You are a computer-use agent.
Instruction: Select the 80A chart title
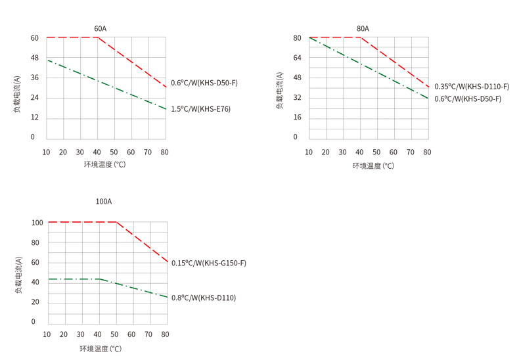point(363,29)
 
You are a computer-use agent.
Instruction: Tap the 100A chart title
point(104,202)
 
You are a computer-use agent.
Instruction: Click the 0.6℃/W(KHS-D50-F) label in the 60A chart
point(204,83)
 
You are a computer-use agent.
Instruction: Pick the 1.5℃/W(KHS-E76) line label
point(201,109)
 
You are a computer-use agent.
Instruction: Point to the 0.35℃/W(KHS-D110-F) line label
point(472,87)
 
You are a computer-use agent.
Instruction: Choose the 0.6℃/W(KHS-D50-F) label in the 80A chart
point(468,99)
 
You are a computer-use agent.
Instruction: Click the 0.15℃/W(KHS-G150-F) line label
point(209,263)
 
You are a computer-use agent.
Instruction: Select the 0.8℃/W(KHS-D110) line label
point(204,298)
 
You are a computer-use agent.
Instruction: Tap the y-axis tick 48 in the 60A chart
point(34,58)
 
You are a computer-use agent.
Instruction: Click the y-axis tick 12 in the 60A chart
point(34,118)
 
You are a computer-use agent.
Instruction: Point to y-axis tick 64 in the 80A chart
point(297,58)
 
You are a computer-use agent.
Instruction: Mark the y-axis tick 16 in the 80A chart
point(297,118)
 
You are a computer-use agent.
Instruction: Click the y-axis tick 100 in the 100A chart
point(37,223)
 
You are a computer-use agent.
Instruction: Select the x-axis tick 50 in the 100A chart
point(114,334)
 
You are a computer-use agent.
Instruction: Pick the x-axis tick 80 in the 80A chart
point(428,152)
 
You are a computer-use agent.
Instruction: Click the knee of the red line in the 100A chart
point(116,222)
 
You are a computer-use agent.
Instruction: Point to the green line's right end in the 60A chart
point(166,109)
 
